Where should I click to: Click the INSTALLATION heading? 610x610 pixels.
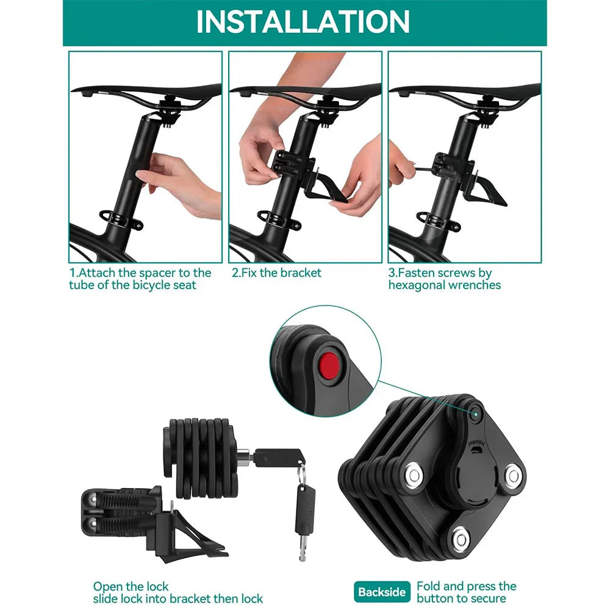[x=303, y=21]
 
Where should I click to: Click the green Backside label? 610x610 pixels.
[x=382, y=592]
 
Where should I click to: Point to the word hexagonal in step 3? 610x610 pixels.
[x=418, y=285]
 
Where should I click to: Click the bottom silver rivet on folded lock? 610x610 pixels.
[x=459, y=537]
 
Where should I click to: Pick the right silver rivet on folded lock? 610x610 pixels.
[x=513, y=475]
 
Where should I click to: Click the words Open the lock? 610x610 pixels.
[x=131, y=587]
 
